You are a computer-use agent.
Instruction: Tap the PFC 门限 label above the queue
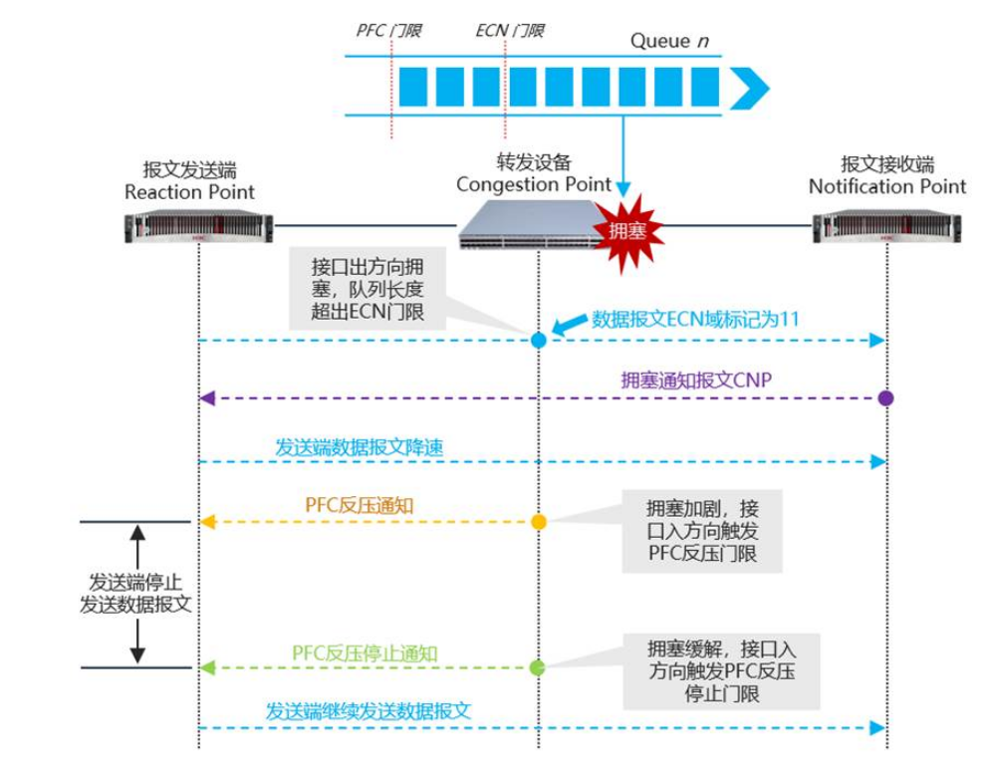[389, 31]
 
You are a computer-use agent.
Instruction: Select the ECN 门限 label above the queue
[510, 31]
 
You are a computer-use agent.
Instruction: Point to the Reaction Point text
[189, 191]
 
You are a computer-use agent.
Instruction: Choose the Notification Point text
[887, 186]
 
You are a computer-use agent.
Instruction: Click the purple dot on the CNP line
[885, 397]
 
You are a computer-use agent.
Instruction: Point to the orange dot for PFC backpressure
[539, 521]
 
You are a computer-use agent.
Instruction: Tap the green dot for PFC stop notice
[538, 667]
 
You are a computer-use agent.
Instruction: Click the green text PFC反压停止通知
[365, 653]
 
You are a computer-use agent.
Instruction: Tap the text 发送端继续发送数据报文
[368, 711]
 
